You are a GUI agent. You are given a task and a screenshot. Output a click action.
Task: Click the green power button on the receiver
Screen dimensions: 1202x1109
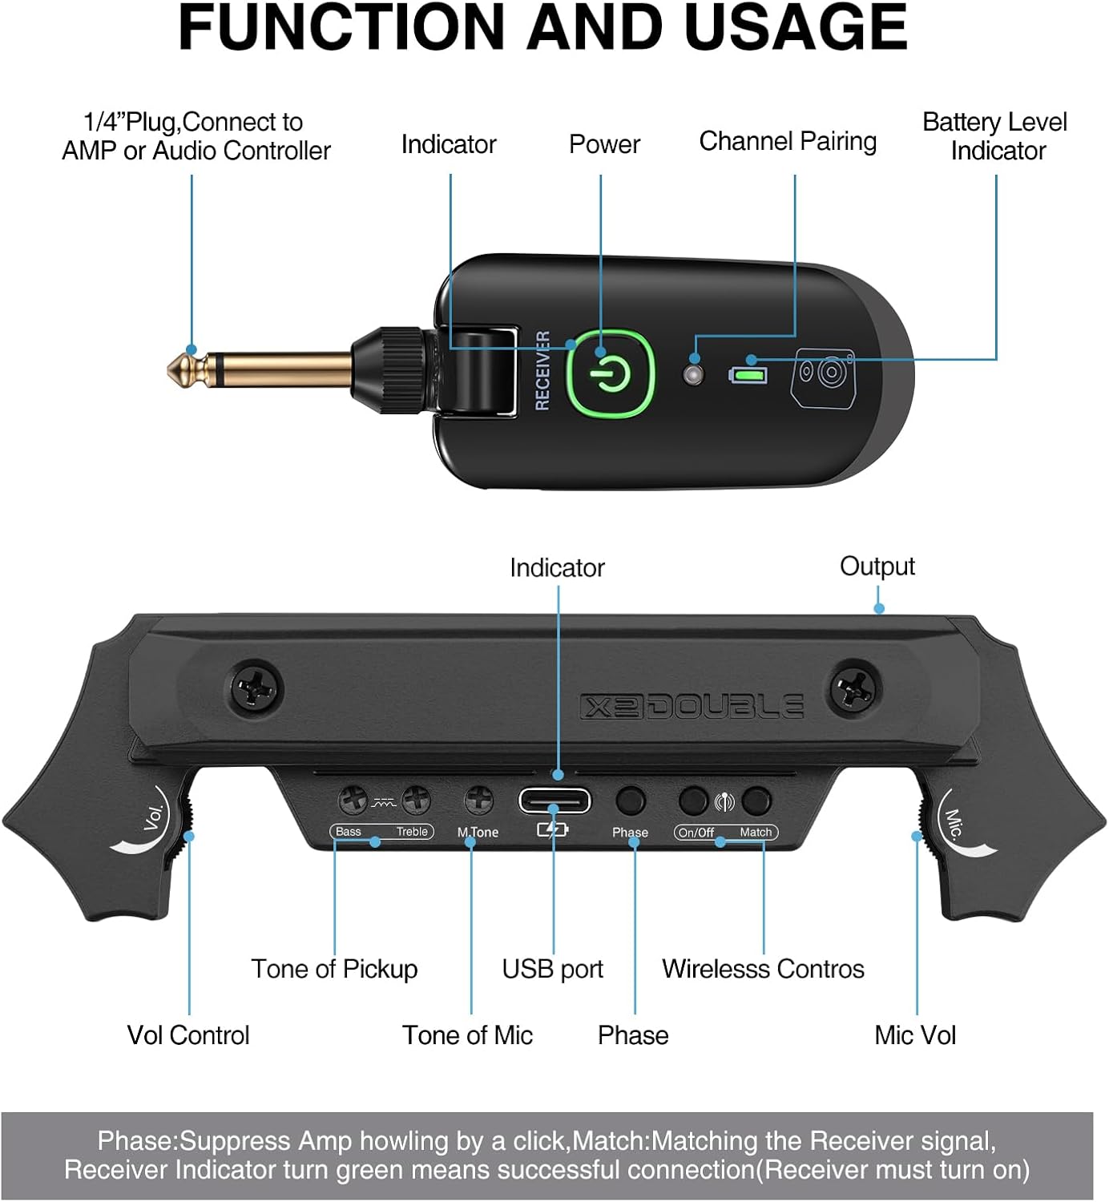coord(611,373)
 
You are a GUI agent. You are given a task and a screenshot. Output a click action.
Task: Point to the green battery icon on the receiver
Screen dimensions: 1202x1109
coord(748,374)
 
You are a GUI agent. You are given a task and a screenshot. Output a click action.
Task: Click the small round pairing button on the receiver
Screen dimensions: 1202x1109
coord(693,373)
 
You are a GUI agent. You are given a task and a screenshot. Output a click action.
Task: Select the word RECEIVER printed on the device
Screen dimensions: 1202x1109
coord(542,370)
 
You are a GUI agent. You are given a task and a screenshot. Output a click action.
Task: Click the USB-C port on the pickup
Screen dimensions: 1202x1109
coord(554,801)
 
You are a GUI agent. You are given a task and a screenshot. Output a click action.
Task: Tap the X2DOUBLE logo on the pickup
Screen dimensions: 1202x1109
coord(692,706)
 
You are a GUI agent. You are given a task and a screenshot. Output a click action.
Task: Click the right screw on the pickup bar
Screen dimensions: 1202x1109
coord(855,688)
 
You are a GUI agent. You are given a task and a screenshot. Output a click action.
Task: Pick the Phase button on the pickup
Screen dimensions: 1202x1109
coord(630,800)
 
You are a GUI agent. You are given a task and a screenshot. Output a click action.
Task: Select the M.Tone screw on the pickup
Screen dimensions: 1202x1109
coord(479,799)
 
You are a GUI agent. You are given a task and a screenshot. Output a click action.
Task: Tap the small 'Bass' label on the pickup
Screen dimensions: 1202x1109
coord(349,832)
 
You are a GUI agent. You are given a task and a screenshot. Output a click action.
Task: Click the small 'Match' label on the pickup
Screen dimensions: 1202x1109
coord(756,833)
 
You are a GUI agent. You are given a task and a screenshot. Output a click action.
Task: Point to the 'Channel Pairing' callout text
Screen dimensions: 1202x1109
coord(788,141)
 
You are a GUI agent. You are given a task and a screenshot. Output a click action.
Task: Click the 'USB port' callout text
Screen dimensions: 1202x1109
coord(552,969)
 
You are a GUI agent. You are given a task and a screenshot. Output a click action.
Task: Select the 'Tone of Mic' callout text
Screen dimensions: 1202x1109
coord(467,1035)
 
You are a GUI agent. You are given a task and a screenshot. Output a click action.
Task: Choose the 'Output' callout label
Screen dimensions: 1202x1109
coord(877,567)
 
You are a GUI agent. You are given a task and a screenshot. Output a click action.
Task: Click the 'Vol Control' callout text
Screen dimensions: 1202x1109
coord(188,1035)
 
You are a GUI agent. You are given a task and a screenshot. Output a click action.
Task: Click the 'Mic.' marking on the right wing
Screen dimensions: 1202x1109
coord(954,823)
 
